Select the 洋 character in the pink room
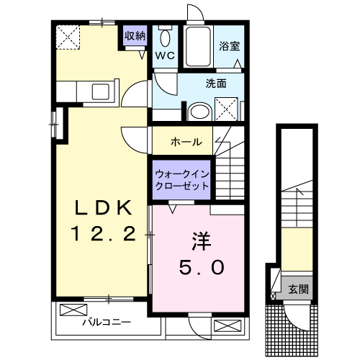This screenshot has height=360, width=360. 201,239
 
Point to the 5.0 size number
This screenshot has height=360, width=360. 201,267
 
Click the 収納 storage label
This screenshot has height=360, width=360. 134,35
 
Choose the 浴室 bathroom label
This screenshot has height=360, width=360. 230,45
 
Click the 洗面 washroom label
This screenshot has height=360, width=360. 216,83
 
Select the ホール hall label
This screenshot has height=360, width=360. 186,141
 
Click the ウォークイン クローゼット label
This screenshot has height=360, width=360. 182,179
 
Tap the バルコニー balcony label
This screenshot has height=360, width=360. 105,323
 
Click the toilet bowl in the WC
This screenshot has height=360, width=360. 165,38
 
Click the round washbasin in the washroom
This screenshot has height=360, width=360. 198,112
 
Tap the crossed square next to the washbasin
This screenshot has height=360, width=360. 230,109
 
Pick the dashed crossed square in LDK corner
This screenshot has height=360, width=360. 70,37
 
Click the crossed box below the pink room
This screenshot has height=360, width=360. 225,325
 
